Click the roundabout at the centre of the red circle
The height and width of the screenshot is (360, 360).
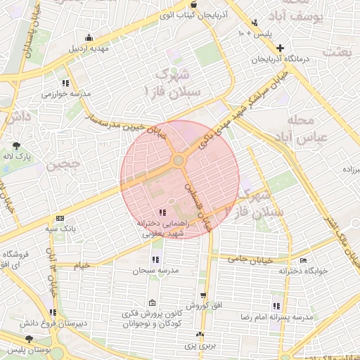tap(179, 161)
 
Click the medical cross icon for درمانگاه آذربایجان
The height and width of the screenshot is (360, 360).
tap(281, 49)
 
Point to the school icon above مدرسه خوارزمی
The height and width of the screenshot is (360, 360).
tap(65, 83)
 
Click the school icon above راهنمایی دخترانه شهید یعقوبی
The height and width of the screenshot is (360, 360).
tap(162, 212)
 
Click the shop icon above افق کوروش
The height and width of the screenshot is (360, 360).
tap(203, 296)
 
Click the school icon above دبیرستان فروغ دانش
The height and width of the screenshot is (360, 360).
tap(53, 313)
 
